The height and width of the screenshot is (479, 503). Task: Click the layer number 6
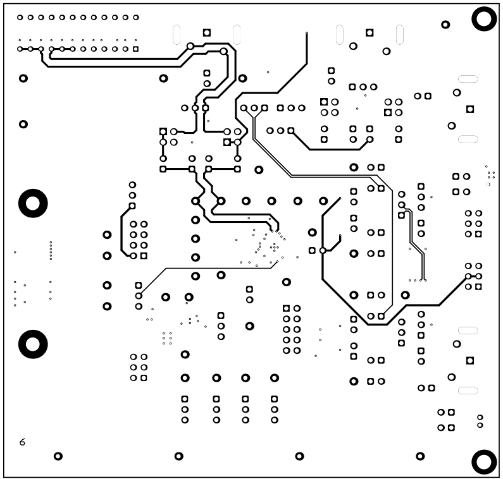23,442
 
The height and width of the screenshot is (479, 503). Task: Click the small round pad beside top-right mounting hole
445,25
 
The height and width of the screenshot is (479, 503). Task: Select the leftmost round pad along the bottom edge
58,456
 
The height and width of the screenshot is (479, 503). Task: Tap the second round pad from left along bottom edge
179,456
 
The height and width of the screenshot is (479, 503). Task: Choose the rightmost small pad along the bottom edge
421,456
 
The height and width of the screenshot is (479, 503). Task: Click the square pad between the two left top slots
206,32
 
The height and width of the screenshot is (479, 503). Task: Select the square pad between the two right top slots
369,32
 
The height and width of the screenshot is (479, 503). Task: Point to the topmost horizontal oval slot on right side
468,79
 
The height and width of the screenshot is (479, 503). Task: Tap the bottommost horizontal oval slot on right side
468,390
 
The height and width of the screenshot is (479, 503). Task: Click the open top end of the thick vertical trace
307,33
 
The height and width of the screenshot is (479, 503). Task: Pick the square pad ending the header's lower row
135,49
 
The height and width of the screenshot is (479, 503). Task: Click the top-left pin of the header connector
20,17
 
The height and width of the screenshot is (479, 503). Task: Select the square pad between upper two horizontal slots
469,109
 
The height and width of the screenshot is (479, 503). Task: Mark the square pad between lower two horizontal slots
469,360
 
